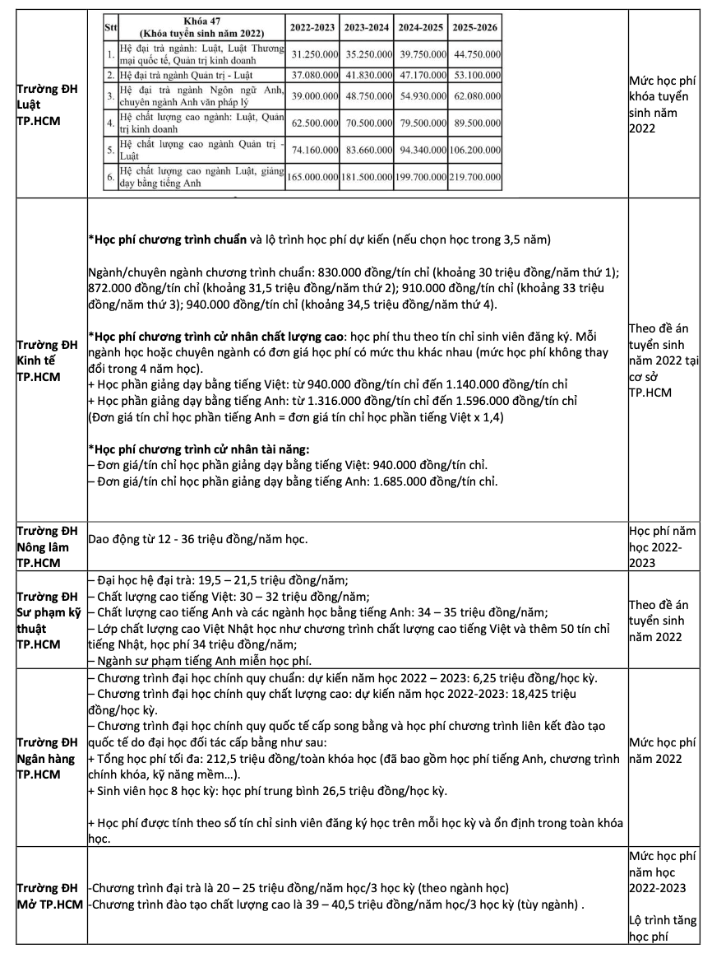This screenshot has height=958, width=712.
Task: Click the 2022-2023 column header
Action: (x=312, y=27)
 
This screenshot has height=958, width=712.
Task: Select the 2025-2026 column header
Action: (x=474, y=27)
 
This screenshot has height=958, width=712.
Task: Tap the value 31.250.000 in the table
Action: (x=312, y=54)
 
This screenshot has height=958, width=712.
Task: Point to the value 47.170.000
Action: (x=420, y=74)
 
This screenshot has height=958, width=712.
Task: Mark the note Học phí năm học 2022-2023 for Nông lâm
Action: (x=663, y=546)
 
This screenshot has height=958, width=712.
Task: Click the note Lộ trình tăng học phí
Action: (x=663, y=928)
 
